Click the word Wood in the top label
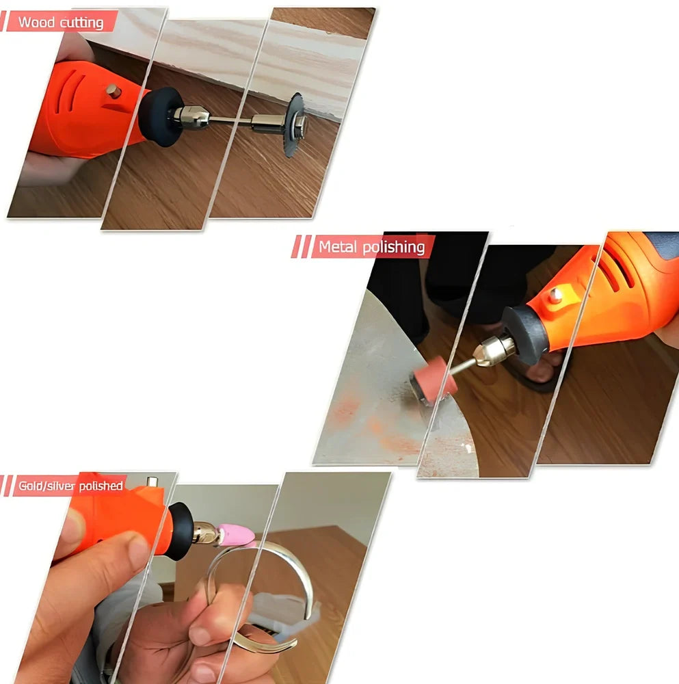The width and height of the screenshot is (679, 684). (36, 22)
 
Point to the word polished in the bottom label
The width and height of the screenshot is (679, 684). (101, 486)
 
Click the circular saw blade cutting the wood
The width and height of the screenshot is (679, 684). (293, 125)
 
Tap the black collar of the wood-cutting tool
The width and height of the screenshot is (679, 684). (160, 116)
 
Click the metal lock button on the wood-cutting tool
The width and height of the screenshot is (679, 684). (114, 91)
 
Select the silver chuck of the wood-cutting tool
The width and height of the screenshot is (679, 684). (191, 118)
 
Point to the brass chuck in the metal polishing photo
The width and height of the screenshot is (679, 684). (494, 350)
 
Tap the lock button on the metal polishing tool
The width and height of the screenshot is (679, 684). (555, 295)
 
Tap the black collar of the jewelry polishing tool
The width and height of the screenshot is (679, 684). (180, 531)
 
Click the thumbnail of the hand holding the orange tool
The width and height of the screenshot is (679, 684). (75, 527)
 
